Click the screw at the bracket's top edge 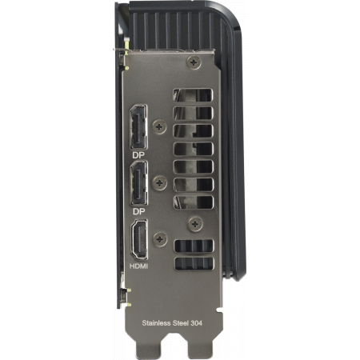pyautogui.click(x=192, y=61)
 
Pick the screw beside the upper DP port pyautogui.click(x=162, y=126)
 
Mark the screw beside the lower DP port pyautogui.click(x=162, y=183)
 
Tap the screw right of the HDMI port pyautogui.click(x=162, y=238)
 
